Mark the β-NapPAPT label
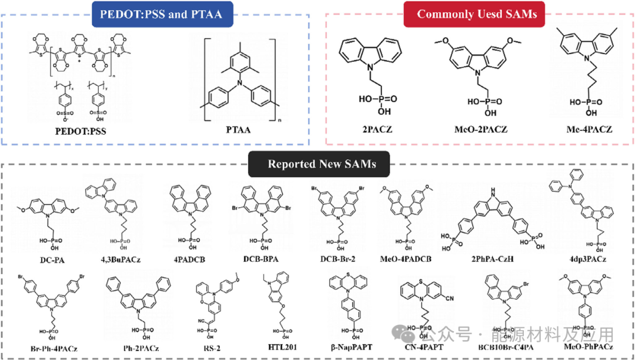[347, 347]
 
